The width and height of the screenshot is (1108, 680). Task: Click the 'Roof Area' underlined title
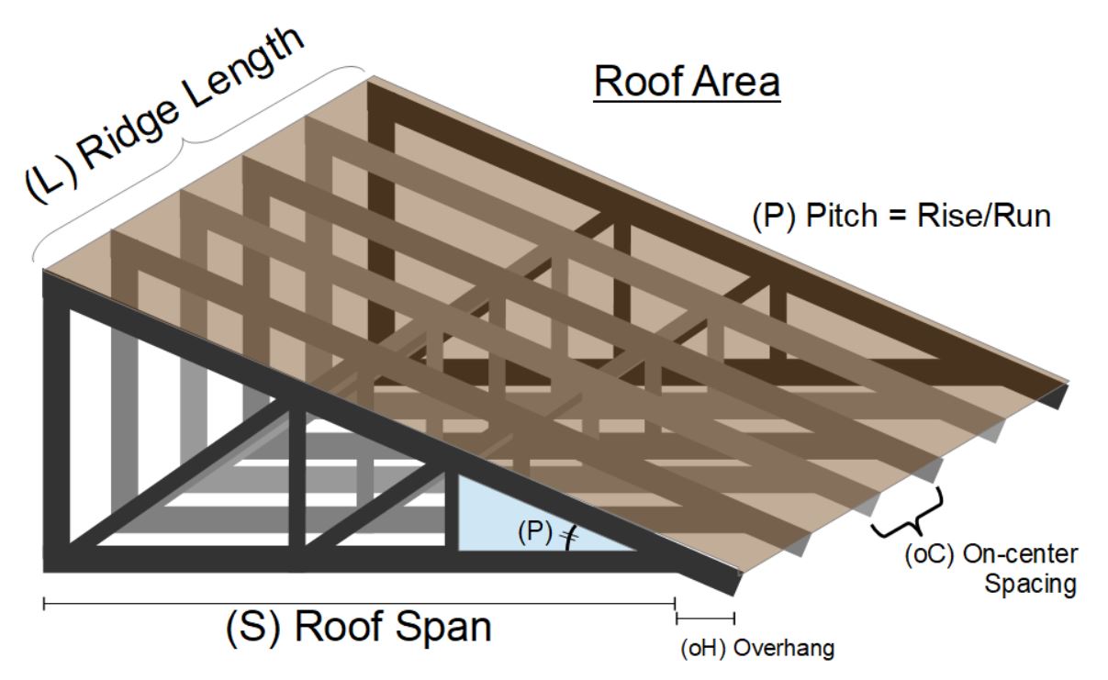688,82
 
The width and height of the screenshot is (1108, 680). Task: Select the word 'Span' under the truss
435,628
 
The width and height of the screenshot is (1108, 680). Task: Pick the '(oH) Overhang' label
757,649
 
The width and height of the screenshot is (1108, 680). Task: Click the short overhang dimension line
705,616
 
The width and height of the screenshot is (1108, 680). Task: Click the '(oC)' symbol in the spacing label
926,555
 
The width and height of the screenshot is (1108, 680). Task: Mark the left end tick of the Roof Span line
44,603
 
